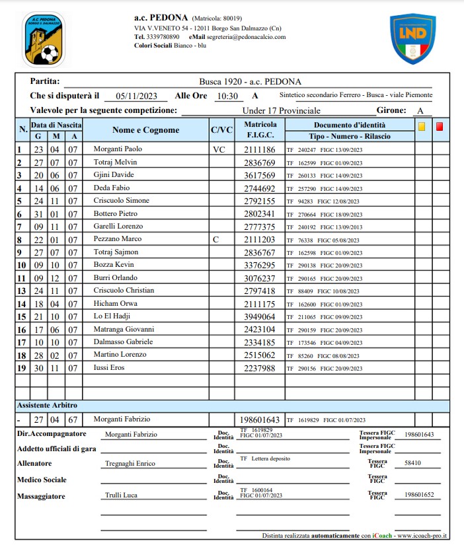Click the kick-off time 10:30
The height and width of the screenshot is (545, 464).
[x=227, y=96]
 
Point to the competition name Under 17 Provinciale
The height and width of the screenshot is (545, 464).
[x=281, y=110]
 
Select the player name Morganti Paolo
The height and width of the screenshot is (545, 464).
[x=118, y=149]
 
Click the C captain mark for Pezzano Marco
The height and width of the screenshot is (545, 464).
[x=215, y=238]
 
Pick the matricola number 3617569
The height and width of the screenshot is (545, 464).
[x=260, y=175]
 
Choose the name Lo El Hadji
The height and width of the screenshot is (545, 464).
[x=112, y=316]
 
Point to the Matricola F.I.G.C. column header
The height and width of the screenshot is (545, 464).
[x=260, y=130]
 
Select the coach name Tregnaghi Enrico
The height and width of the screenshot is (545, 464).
[x=130, y=464]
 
